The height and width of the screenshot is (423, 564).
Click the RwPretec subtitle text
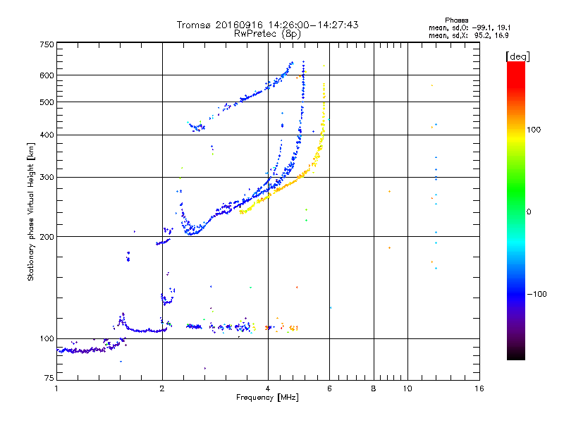tap(256, 34)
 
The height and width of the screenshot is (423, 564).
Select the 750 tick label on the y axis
tap(47, 44)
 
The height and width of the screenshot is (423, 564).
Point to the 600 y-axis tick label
tap(47, 75)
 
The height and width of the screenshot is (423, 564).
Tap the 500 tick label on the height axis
tap(47, 102)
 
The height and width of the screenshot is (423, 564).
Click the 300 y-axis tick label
tap(47, 177)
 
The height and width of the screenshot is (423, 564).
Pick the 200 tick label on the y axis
tap(47, 237)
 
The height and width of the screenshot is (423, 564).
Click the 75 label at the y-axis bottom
tap(49, 378)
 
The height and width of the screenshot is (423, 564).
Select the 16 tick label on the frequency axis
tap(479, 388)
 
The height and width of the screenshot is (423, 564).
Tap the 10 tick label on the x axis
tap(407, 388)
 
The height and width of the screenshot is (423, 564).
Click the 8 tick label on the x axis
tap(374, 388)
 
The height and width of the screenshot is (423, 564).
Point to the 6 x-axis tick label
tap(329, 388)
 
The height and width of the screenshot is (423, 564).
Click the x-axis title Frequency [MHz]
tap(267, 398)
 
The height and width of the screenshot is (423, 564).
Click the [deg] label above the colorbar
tap(517, 56)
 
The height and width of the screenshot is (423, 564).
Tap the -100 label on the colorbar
tap(537, 294)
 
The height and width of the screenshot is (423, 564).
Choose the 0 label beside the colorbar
tap(529, 212)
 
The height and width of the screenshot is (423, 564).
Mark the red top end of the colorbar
tap(516, 63)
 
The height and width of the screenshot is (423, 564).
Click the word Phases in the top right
tap(456, 20)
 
